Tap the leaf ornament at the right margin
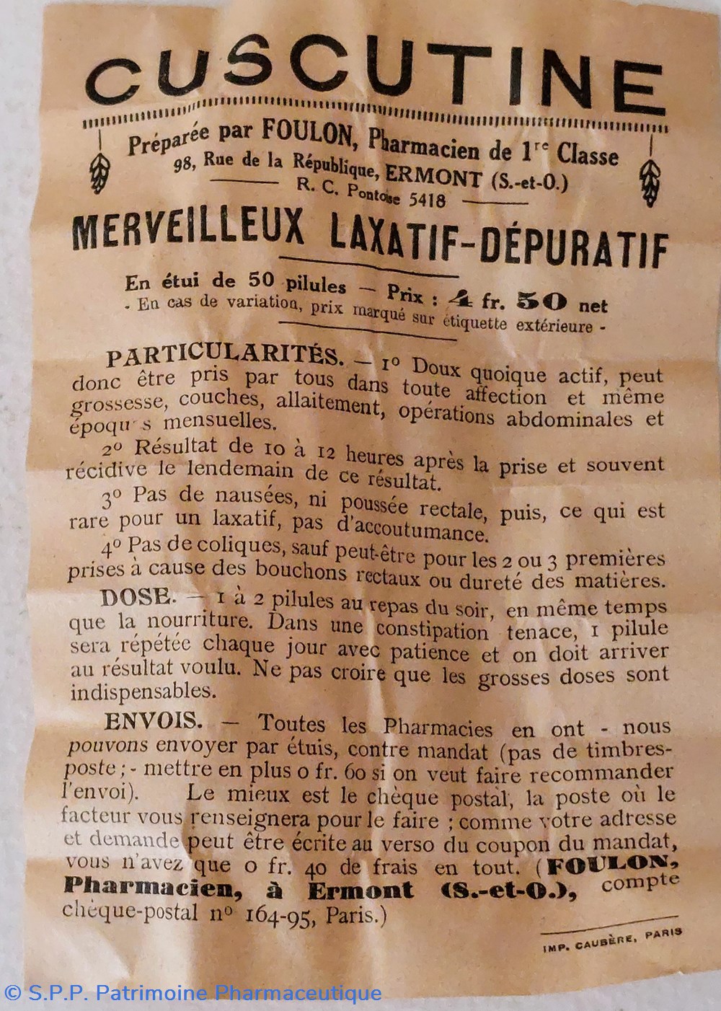pyautogui.click(x=650, y=180)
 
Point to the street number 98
pyautogui.click(x=184, y=163)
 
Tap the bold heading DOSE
pyautogui.click(x=137, y=598)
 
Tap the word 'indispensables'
pyautogui.click(x=143, y=692)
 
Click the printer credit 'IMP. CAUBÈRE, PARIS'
pyautogui.click(x=612, y=941)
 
